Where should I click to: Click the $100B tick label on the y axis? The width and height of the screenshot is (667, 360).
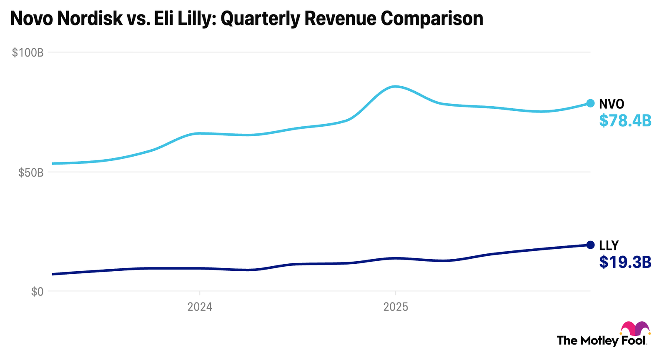click(28, 52)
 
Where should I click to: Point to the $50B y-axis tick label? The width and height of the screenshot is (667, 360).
click(31, 172)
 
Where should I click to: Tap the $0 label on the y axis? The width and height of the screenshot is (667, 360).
click(37, 292)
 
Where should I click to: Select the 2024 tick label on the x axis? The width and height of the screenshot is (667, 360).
click(200, 307)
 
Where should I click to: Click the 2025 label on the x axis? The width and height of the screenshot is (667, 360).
click(396, 307)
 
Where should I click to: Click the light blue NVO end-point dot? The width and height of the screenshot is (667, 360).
click(590, 103)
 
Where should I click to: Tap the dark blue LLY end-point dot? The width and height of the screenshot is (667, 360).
click(590, 245)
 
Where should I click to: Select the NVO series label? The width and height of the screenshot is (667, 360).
click(612, 104)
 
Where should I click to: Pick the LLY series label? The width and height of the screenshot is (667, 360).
click(609, 245)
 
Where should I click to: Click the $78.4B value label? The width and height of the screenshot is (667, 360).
click(625, 121)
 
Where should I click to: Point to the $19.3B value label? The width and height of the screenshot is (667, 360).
click(625, 262)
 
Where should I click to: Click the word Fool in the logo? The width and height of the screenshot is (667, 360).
click(633, 340)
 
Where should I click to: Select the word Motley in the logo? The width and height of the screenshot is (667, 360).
click(599, 340)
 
